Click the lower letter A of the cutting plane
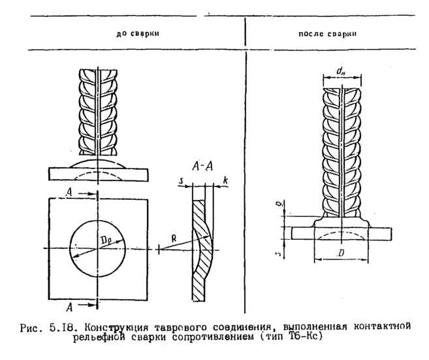[78, 304]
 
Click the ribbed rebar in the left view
[97, 111]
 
